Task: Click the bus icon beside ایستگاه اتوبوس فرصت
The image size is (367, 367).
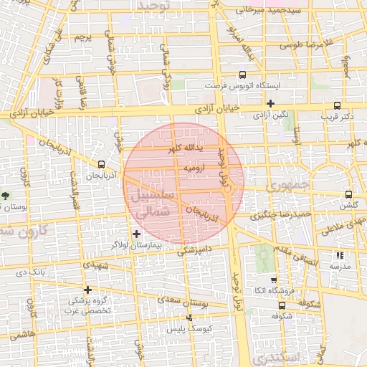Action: coord(242,75)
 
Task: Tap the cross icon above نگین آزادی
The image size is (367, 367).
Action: coord(270,104)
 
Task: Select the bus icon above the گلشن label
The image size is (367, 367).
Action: coord(348,194)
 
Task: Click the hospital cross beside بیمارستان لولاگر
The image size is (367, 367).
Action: coord(137,234)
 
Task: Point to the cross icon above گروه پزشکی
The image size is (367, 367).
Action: coord(87,290)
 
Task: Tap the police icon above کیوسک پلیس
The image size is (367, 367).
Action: coord(189,318)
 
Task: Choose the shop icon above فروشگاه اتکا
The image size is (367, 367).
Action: coord(273,280)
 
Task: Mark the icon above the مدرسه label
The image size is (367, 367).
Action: coord(340,254)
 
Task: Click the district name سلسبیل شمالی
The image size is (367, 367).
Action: coord(149,204)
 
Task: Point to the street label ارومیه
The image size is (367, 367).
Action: coord(195,168)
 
